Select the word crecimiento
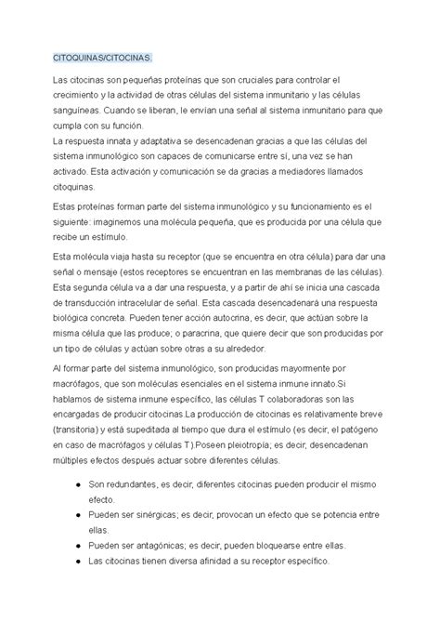[x=81, y=97]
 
